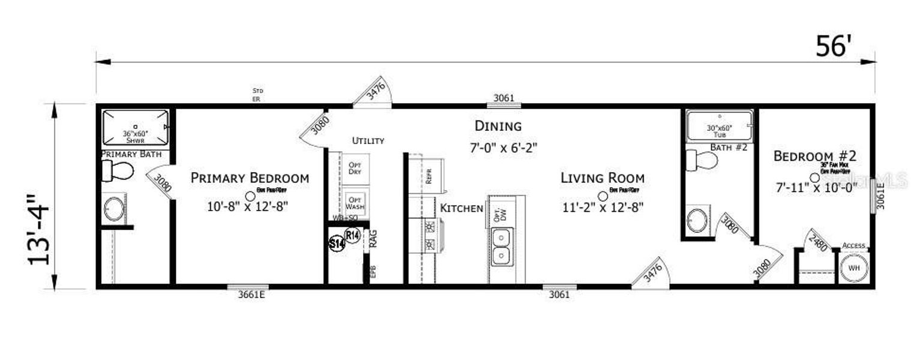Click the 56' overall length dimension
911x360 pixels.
[834, 46]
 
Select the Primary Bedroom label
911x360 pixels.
[250, 178]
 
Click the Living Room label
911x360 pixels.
[603, 178]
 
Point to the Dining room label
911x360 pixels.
[498, 126]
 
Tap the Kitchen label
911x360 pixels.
[462, 208]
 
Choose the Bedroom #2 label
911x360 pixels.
[814, 156]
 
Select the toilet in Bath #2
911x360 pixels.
[702, 160]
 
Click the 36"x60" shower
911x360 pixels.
[135, 127]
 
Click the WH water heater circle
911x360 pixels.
[853, 268]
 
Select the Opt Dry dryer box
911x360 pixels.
[355, 168]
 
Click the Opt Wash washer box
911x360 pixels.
[355, 203]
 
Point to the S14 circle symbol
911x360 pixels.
[337, 244]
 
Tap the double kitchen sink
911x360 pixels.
[500, 247]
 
